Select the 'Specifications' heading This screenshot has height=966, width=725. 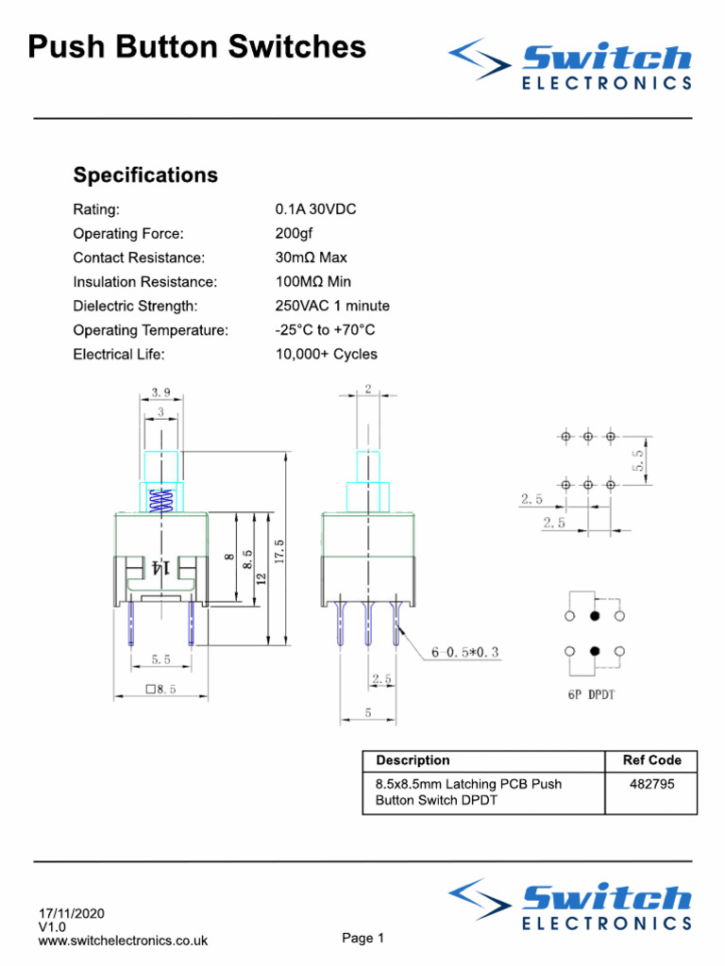[x=145, y=175]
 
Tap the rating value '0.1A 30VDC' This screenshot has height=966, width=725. [x=315, y=209]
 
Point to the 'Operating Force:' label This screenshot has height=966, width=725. [x=128, y=234]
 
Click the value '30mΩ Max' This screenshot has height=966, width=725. [x=311, y=258]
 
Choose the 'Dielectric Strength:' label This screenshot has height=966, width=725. [x=135, y=306]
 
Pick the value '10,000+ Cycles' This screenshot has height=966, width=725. [x=326, y=355]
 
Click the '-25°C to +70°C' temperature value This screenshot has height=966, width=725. [x=325, y=330]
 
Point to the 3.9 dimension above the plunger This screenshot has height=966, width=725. [x=160, y=391]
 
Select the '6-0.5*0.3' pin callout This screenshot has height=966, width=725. [x=465, y=652]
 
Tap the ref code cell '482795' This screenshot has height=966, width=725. [x=651, y=784]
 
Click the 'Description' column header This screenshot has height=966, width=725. [x=413, y=760]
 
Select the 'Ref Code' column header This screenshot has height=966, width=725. [x=651, y=760]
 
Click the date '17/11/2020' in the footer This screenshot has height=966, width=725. [x=72, y=914]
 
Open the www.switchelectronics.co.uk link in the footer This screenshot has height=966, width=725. [x=123, y=941]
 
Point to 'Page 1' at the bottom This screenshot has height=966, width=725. [x=362, y=939]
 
